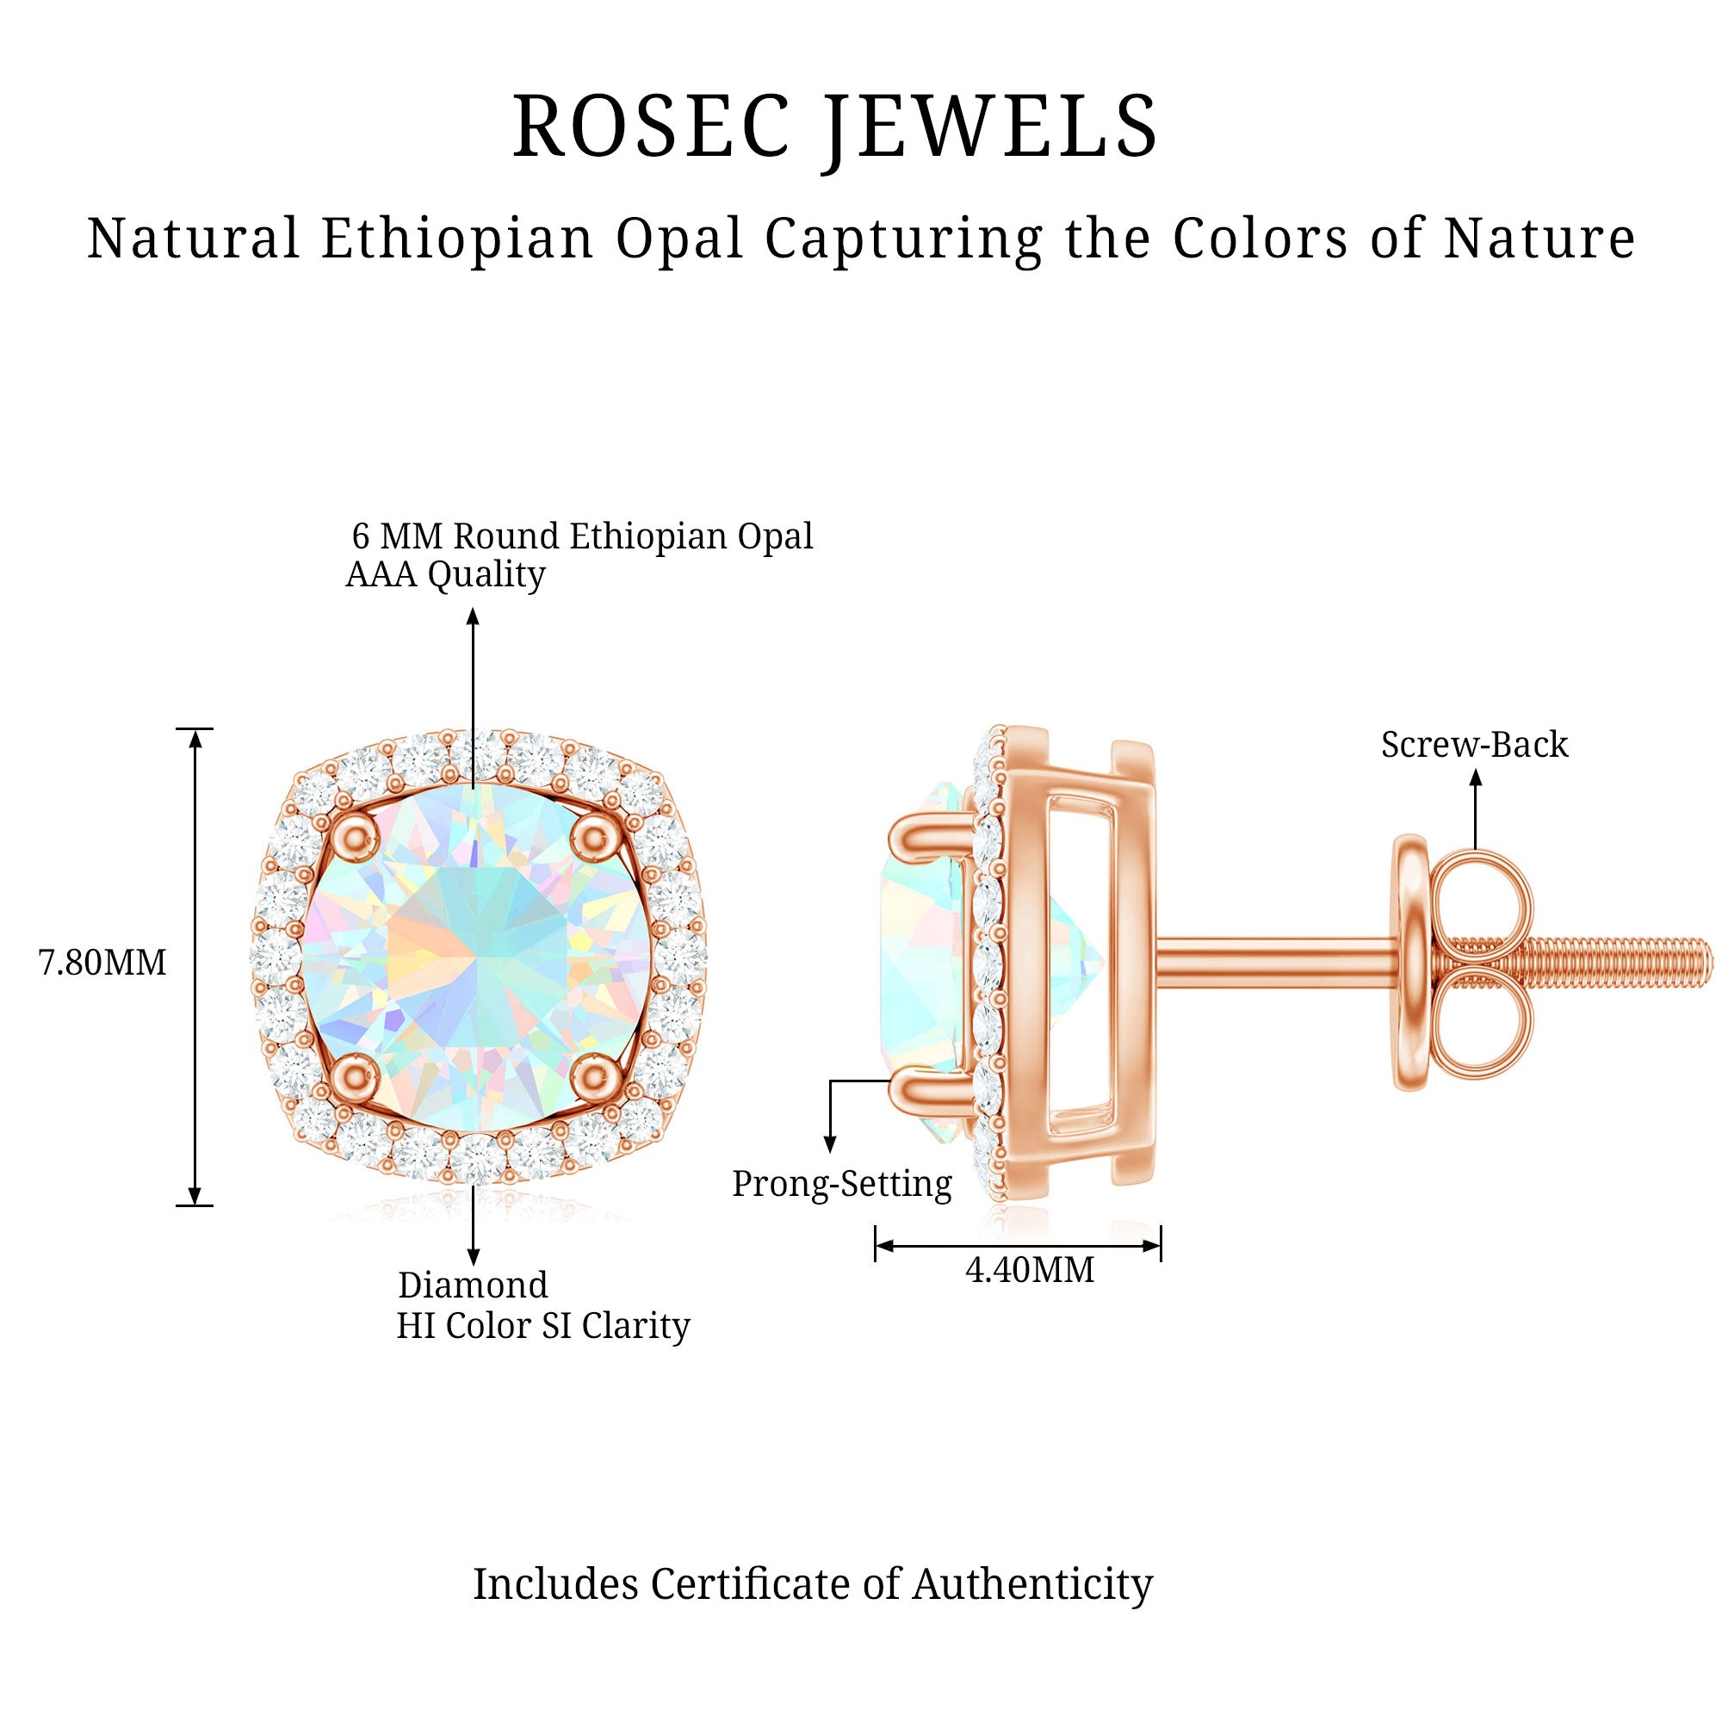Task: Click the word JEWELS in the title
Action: (x=991, y=127)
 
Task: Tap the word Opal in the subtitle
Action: (x=680, y=238)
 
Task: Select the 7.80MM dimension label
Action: (x=102, y=963)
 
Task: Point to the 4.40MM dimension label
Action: (x=1030, y=1269)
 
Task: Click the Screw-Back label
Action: (x=1474, y=745)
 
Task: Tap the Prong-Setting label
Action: (x=842, y=1184)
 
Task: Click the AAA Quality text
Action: (x=445, y=575)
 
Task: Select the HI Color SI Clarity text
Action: (x=542, y=1326)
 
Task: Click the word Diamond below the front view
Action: (x=473, y=1285)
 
